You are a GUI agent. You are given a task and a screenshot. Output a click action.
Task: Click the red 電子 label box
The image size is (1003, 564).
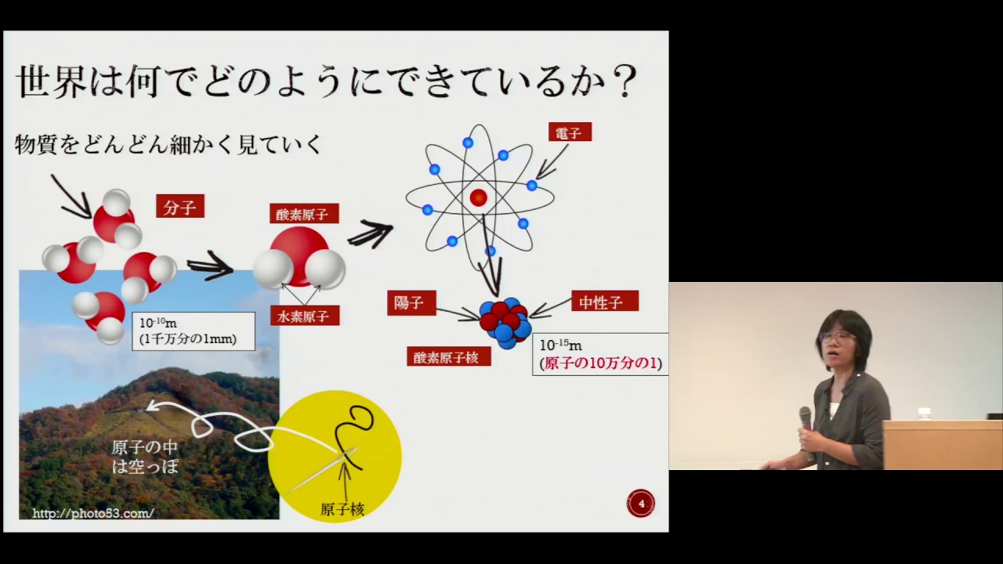[x=570, y=132]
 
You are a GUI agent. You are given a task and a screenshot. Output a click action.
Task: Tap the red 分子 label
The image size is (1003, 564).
[x=180, y=206]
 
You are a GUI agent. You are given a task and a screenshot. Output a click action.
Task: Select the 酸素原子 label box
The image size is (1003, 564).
[x=304, y=214]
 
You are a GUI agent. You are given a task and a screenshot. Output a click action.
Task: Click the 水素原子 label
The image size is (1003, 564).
[x=305, y=316]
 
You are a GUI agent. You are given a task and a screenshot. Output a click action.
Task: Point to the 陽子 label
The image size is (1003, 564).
[x=411, y=303]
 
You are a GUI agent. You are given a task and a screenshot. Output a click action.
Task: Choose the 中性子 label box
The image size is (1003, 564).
[x=604, y=302]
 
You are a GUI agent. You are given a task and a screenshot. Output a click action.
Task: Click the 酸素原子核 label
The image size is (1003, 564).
[x=449, y=356]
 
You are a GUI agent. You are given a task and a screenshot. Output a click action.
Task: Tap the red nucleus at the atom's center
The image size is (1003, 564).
[x=478, y=197]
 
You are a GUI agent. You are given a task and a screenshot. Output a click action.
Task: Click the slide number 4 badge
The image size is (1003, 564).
[x=641, y=504]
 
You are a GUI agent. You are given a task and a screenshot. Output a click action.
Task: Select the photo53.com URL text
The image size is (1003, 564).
[x=93, y=513]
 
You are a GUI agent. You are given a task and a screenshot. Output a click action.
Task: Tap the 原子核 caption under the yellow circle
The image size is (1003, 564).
[x=342, y=509]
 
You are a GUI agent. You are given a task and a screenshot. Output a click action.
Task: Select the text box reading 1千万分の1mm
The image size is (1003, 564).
[x=194, y=331]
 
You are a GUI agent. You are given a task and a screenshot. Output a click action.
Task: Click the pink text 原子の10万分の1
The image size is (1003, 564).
[x=600, y=363]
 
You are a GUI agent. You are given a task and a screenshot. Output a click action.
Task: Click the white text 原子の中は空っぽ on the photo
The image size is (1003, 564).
[x=145, y=457]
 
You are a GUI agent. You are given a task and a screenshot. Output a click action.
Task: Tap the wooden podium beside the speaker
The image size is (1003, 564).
[x=943, y=444]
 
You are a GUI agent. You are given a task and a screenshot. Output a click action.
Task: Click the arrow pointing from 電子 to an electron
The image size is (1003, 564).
[x=552, y=161]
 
